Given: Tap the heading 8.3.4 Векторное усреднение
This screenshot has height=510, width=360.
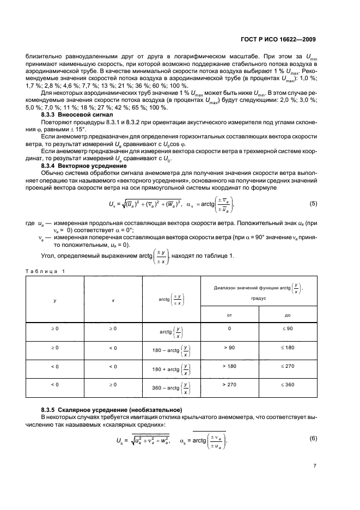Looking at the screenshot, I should coord(83,165).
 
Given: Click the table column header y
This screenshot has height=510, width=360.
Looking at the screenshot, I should coord(55,299).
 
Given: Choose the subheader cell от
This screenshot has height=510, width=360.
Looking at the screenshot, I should coord(229,314).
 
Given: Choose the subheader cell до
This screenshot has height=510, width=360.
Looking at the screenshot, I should coord(287,314).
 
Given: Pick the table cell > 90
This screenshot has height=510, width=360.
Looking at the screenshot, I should coord(229,347).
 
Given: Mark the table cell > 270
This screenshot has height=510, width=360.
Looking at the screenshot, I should coord(229,384).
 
